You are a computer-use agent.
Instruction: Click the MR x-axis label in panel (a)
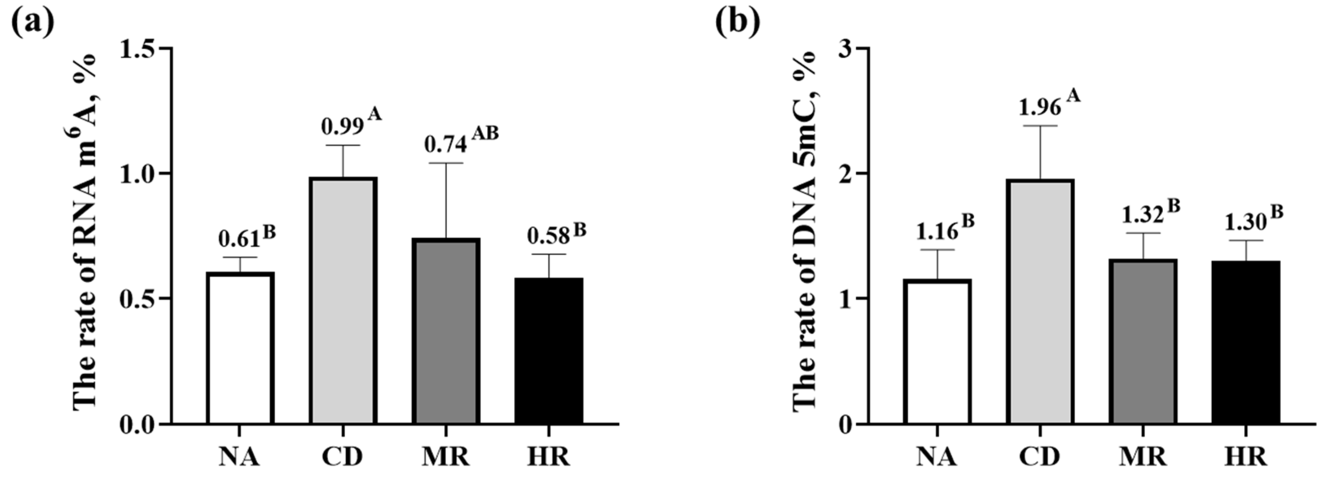[x=446, y=456]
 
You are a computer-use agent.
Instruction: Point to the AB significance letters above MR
[x=485, y=133]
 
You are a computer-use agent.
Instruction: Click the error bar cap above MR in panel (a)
[x=446, y=163]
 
